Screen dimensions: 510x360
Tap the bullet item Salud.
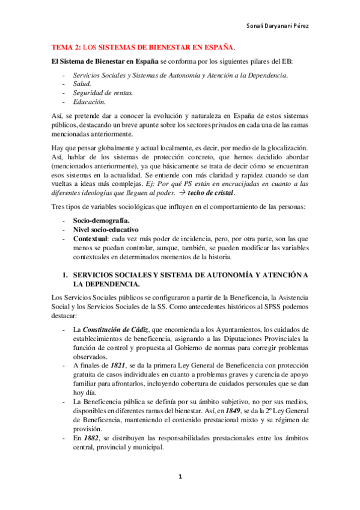point(82,84)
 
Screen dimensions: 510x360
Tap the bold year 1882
point(91,440)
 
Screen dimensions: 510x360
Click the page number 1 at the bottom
point(180,477)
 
